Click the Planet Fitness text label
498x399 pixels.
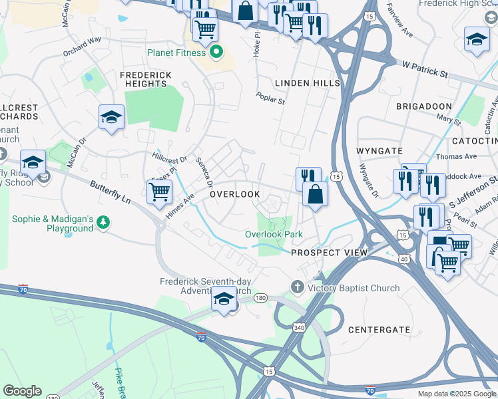(176, 53)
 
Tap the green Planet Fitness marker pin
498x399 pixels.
(216, 51)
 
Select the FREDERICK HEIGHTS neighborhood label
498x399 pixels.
(145, 79)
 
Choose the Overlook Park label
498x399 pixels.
(274, 234)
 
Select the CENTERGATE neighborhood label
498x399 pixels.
(379, 329)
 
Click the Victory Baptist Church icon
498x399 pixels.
(298, 287)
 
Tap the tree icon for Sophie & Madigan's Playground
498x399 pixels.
(103, 222)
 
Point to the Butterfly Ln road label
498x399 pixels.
(110, 191)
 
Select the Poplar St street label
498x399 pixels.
(270, 98)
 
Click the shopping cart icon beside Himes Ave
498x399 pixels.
(158, 192)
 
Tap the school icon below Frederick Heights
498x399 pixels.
(112, 118)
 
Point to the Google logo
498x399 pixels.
(22, 391)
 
